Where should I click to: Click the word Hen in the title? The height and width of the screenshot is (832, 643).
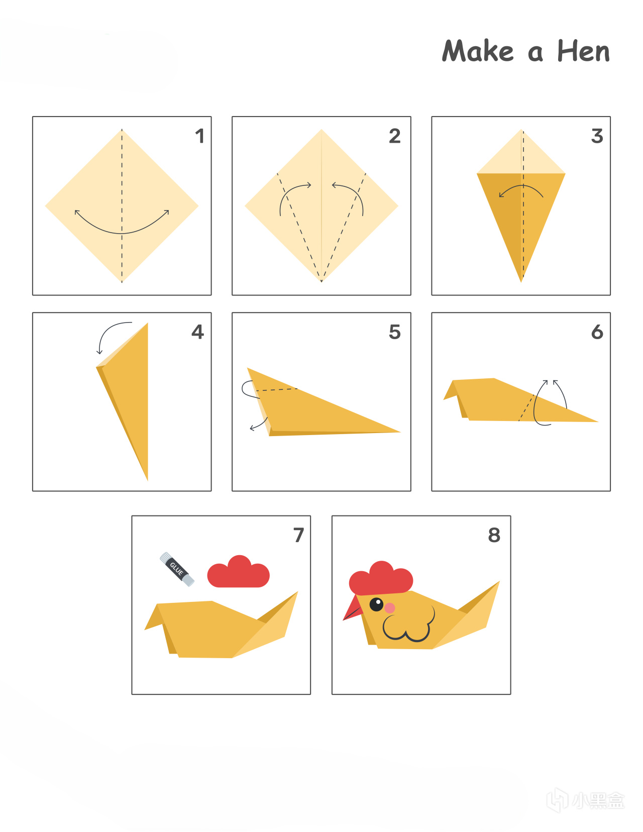(x=583, y=51)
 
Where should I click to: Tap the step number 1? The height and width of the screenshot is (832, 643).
(x=200, y=136)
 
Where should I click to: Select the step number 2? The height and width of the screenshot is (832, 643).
(x=395, y=136)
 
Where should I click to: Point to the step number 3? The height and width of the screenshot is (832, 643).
(x=597, y=136)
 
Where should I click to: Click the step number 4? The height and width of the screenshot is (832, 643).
(x=197, y=332)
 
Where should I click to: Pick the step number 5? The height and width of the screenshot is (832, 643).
(x=395, y=332)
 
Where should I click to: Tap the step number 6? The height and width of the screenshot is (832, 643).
(x=597, y=332)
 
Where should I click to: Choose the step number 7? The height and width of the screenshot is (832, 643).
(x=299, y=535)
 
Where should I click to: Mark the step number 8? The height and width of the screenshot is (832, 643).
(x=494, y=535)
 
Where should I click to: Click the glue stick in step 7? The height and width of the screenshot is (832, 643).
(x=177, y=569)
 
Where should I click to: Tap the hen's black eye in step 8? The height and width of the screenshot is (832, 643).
(x=376, y=604)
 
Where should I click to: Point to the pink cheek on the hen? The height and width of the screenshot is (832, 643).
(x=390, y=607)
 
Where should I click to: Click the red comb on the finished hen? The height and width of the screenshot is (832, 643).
(x=381, y=579)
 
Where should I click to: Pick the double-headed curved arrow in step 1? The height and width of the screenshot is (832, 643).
(x=122, y=233)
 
